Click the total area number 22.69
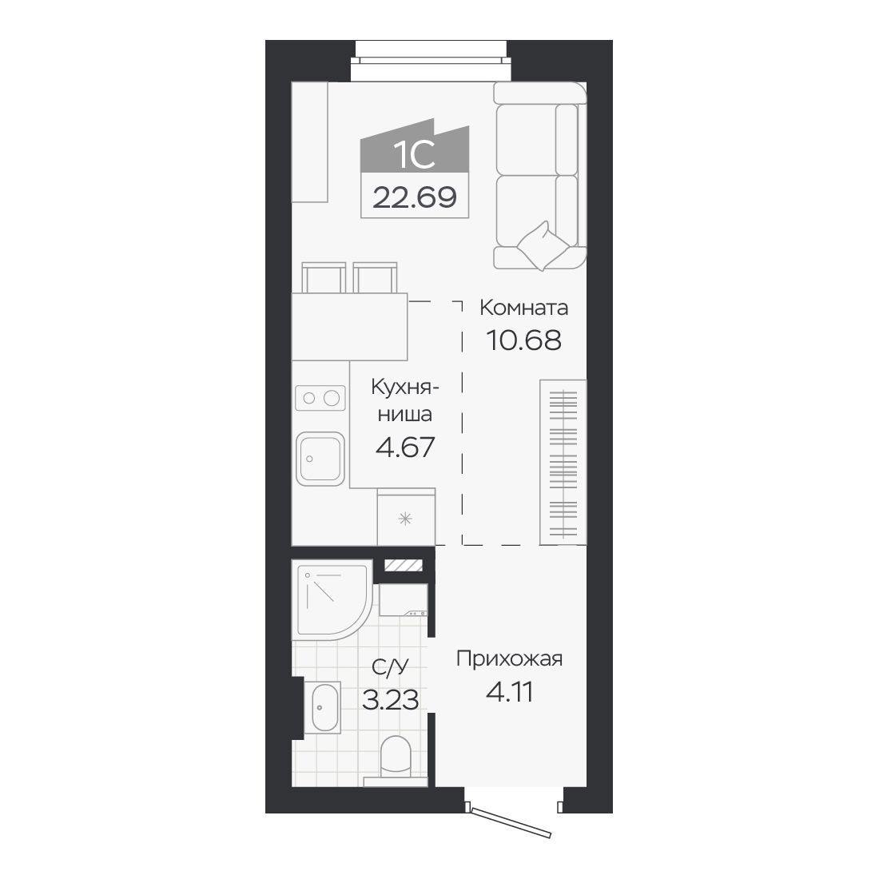(414, 197)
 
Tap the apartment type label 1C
(414, 154)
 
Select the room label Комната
(523, 308)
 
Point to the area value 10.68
(523, 340)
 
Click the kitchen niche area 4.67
(405, 447)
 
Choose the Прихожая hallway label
(509, 658)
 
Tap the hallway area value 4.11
(509, 692)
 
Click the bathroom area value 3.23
(390, 700)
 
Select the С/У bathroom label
(390, 666)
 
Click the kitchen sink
(320, 459)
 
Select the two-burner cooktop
(320, 398)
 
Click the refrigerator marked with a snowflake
(406, 518)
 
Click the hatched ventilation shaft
(403, 566)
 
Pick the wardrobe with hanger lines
(563, 462)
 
